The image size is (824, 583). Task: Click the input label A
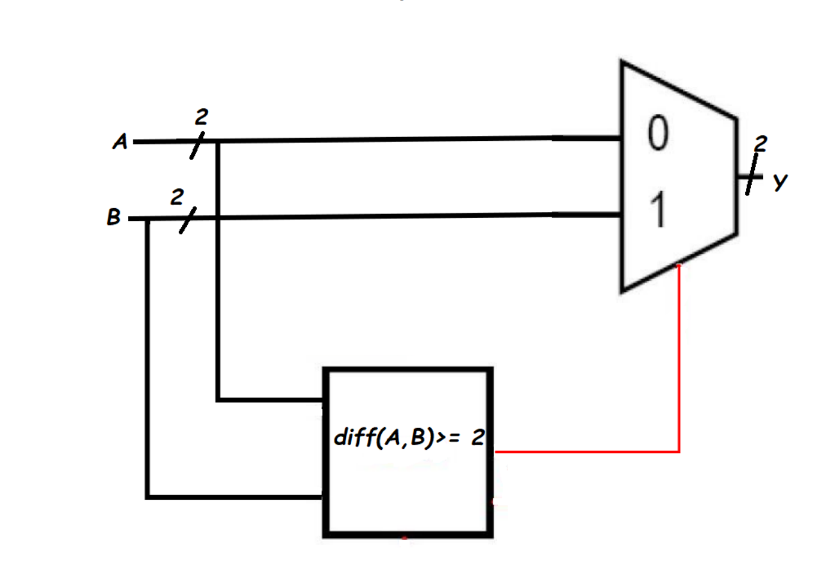click(x=119, y=143)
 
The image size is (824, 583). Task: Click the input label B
click(x=113, y=219)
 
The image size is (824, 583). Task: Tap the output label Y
click(x=779, y=182)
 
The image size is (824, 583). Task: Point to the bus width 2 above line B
click(x=174, y=198)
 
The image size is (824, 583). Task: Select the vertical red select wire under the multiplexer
click(x=679, y=359)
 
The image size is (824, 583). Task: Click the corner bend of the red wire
click(x=679, y=452)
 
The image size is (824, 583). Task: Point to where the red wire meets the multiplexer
click(x=679, y=265)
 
